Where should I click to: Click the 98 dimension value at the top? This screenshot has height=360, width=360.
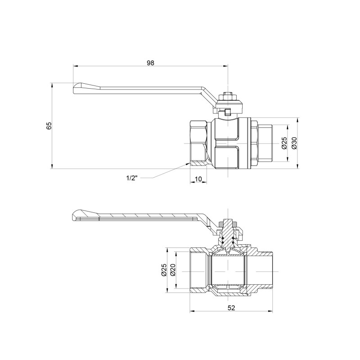click(150, 63)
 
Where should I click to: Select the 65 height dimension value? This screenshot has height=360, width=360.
click(49, 126)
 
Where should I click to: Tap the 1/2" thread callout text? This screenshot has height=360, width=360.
click(131, 178)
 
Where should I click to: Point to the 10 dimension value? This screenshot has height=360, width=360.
click(198, 179)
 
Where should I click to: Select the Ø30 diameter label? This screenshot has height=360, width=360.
click(294, 143)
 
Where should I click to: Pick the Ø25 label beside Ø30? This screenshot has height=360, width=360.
click(284, 143)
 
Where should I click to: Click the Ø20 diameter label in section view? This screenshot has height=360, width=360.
click(172, 270)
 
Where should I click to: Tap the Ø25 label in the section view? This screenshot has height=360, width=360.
click(164, 270)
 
